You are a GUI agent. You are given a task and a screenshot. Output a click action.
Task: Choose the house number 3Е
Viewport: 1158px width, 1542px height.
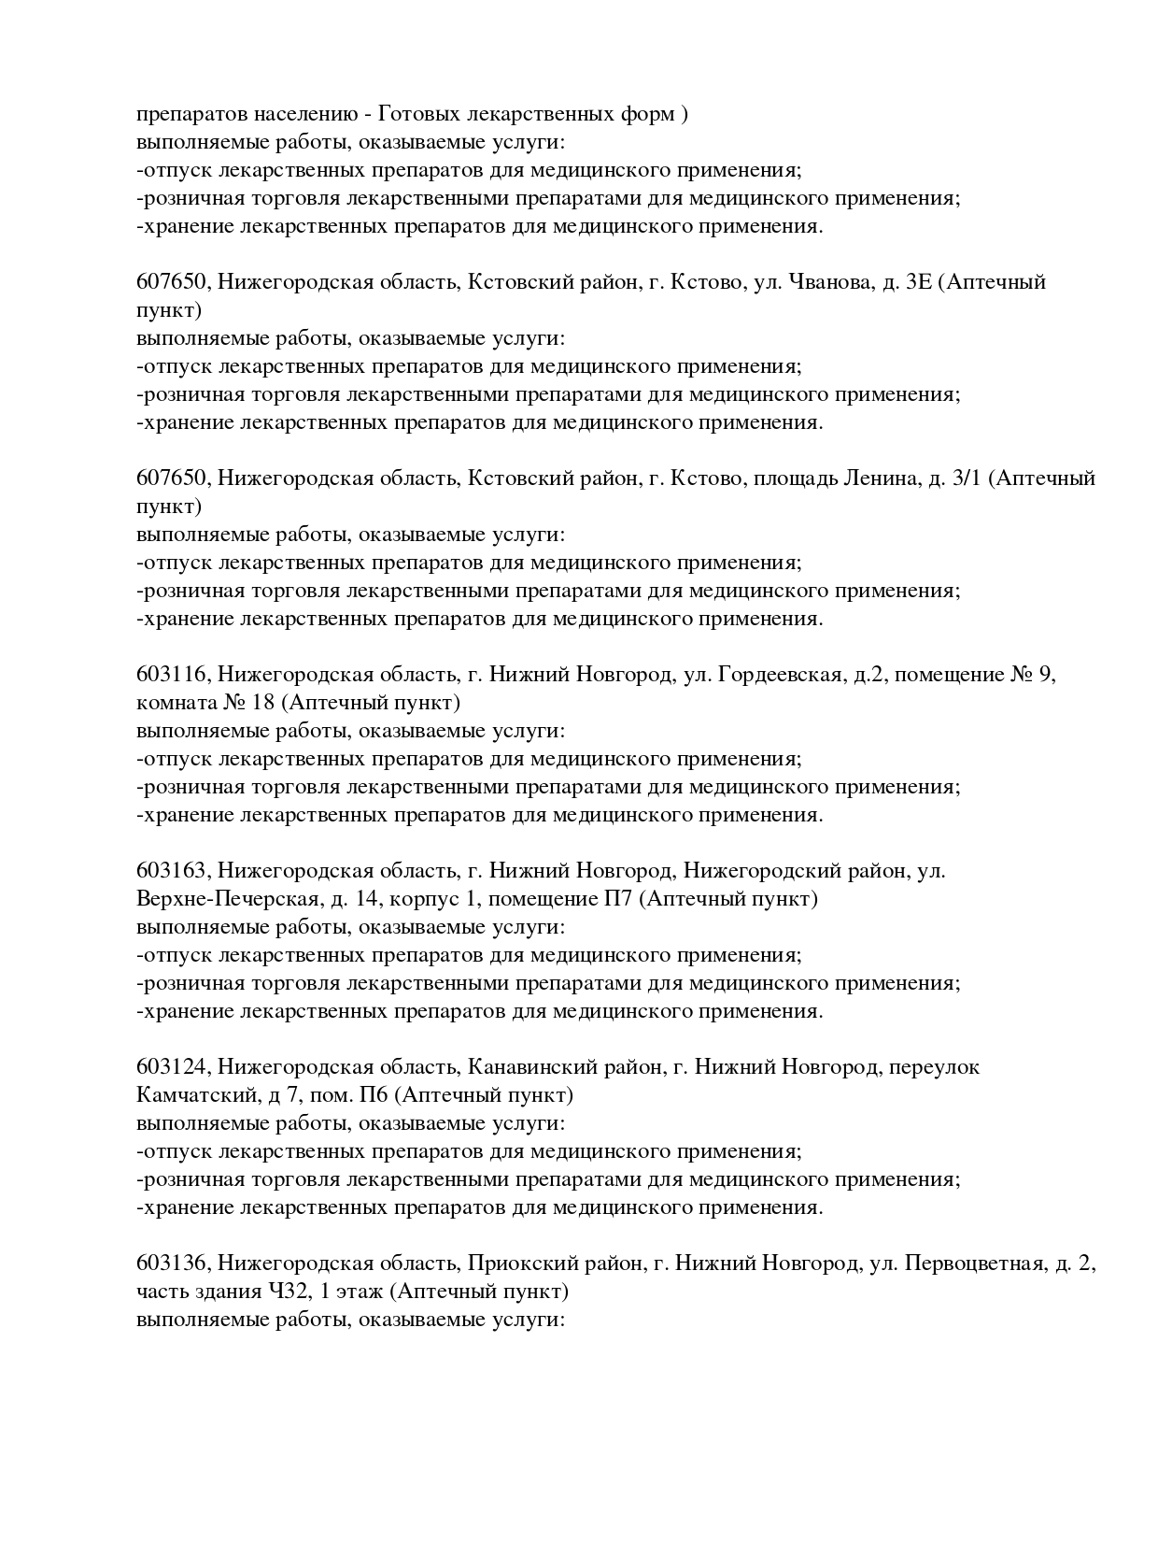pos(919,282)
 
